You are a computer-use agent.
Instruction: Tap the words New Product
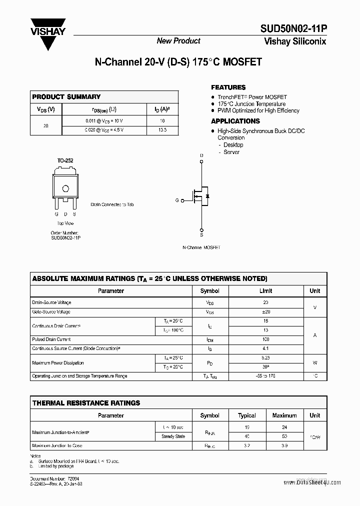point(178,41)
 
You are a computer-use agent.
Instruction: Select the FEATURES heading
point(228,87)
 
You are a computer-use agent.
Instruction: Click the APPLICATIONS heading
point(235,121)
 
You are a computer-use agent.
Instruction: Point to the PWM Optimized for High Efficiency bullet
point(258,110)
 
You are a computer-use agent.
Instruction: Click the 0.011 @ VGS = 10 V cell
point(104,121)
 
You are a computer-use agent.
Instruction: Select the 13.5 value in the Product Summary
point(162,130)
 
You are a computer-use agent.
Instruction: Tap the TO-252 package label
point(65,160)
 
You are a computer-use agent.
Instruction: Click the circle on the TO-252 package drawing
point(65,188)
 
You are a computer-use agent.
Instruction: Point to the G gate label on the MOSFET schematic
point(176,200)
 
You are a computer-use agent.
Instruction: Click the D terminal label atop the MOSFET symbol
point(201,156)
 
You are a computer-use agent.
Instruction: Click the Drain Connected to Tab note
point(112,204)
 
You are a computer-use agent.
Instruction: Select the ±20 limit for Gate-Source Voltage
point(265,311)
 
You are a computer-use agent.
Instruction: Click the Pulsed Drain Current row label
point(51,339)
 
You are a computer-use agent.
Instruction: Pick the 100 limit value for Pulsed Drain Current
point(265,339)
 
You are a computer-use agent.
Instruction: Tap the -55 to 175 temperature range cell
point(265,375)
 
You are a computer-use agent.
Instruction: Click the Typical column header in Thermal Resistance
point(247,415)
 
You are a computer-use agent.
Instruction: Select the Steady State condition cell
point(173,436)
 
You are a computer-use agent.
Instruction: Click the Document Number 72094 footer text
point(55,478)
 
